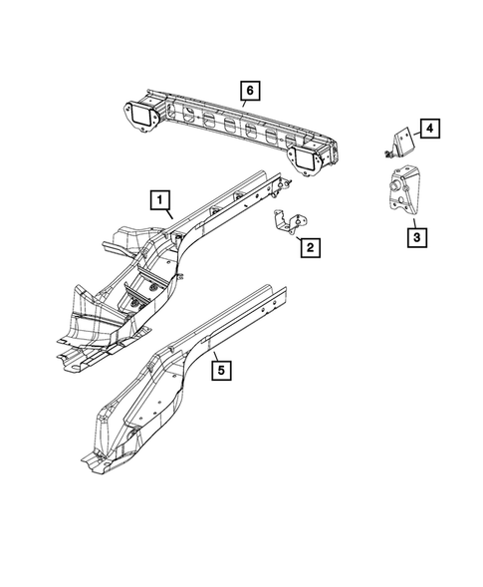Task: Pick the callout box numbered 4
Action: tap(429, 128)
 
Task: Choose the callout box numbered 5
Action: tap(222, 371)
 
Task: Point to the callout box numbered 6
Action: tap(248, 93)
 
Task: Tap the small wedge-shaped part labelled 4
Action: tap(404, 143)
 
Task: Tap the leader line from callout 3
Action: tap(413, 221)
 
